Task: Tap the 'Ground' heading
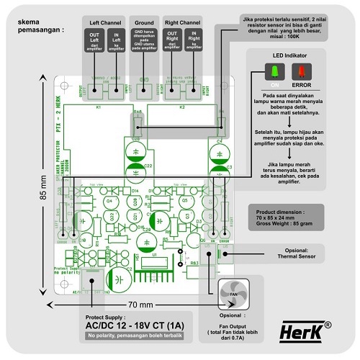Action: (x=144, y=23)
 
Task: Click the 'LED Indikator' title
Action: (x=287, y=55)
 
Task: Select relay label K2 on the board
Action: (x=182, y=107)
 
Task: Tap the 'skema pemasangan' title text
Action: (x=34, y=26)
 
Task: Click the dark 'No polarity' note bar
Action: (x=134, y=336)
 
